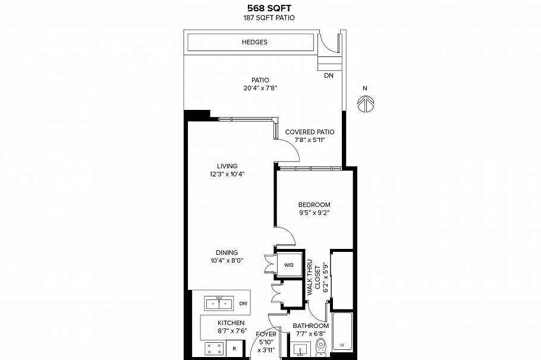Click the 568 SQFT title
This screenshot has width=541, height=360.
click(x=269, y=9)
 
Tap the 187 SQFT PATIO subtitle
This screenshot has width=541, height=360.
click(x=269, y=18)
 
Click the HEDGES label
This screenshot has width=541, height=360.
click(x=254, y=42)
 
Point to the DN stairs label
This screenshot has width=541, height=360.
click(x=329, y=76)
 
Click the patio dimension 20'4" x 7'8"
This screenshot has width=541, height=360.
click(x=260, y=88)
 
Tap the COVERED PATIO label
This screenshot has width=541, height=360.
click(x=309, y=132)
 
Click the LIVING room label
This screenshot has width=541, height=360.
click(x=227, y=166)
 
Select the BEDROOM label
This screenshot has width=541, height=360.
click(x=314, y=204)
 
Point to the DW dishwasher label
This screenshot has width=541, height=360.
click(x=243, y=304)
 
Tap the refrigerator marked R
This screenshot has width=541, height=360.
click(x=235, y=349)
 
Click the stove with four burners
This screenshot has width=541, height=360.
click(x=214, y=349)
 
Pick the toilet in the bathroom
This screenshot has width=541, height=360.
click(x=321, y=346)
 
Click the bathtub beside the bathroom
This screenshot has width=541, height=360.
click(x=342, y=336)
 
